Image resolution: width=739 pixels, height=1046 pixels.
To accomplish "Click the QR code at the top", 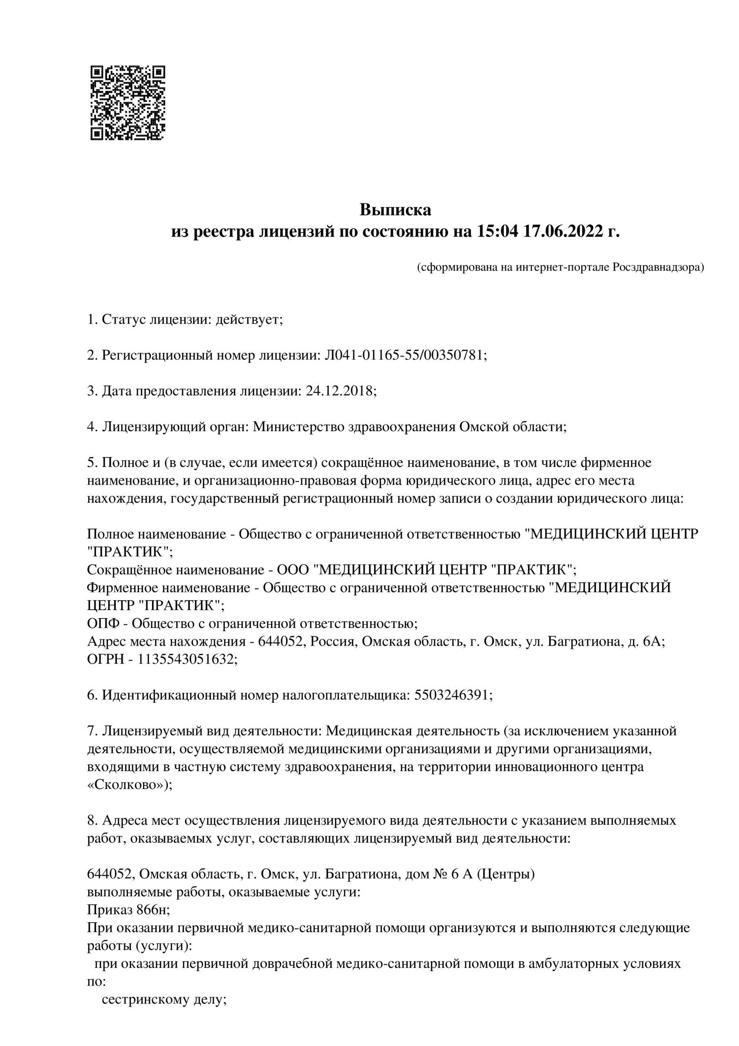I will point(128,103).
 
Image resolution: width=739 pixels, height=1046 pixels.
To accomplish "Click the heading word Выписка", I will point(395,210).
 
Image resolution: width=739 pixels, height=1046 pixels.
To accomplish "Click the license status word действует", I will point(249,320).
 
